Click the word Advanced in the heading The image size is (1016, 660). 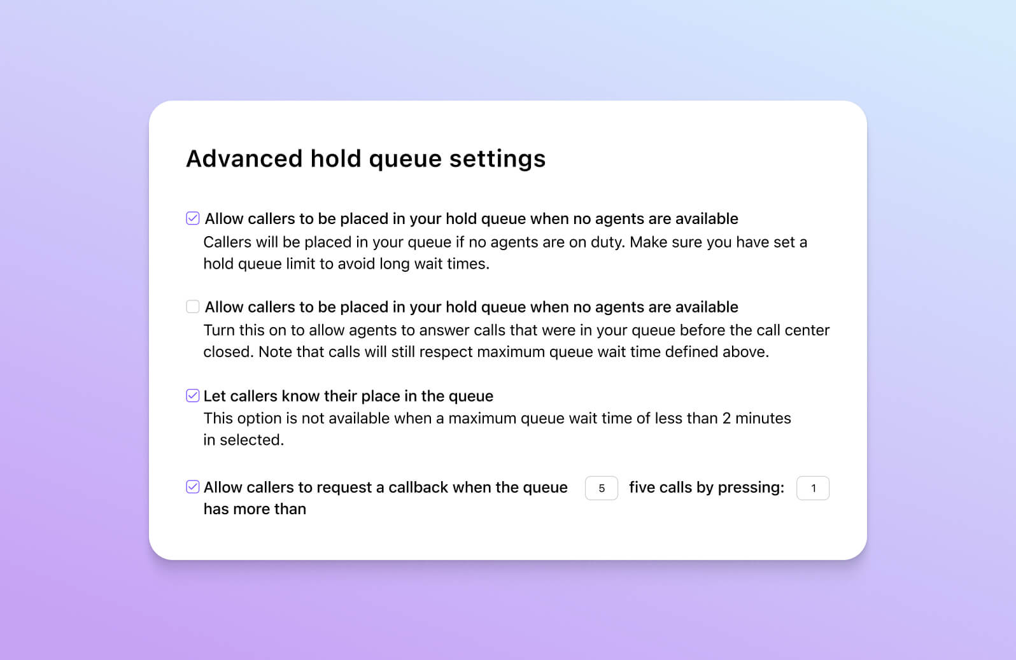pos(244,158)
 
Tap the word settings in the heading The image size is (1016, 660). pos(497,158)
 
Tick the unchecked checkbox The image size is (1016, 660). pos(192,307)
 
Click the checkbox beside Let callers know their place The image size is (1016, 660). pos(192,396)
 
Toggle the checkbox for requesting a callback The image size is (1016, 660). pos(192,487)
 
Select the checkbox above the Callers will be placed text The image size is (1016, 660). pos(192,218)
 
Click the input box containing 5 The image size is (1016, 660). pos(601,488)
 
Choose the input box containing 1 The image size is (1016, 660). pos(812,488)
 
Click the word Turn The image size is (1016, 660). pos(219,330)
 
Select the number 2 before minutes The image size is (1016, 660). pos(726,419)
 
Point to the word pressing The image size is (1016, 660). pos(751,488)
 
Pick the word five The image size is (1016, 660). pos(642,488)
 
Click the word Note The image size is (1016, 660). pos(274,352)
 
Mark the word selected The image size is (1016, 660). pos(251,440)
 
